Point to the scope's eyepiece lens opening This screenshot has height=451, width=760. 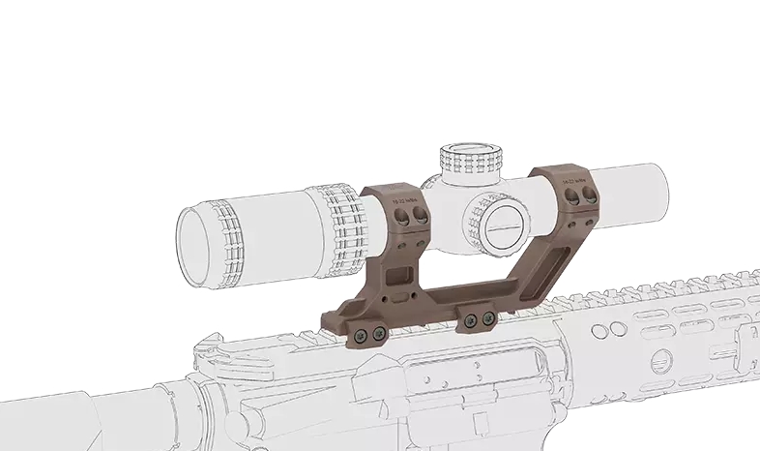[x=197, y=240]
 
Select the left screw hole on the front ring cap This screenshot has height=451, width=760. [x=571, y=197]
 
